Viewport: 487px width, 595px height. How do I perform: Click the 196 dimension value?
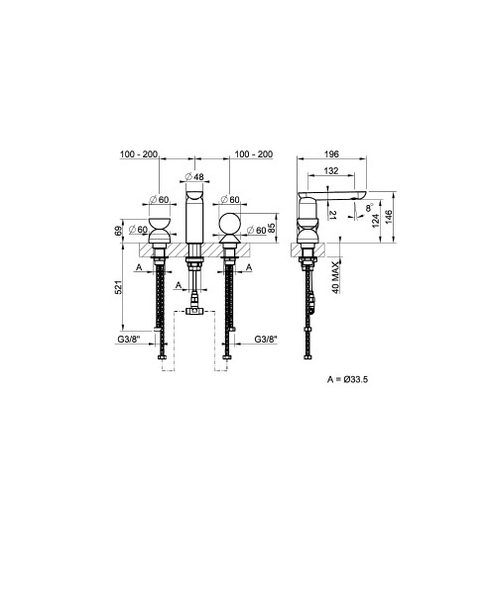pyautogui.click(x=331, y=154)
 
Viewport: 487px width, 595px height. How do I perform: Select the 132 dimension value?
pyautogui.click(x=331, y=171)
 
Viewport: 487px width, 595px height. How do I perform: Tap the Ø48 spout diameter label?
pyautogui.click(x=194, y=177)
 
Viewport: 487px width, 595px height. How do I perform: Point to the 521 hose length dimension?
pyautogui.click(x=118, y=287)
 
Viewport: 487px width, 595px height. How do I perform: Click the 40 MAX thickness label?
pyautogui.click(x=335, y=277)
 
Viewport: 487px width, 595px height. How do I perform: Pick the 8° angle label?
pyautogui.click(x=370, y=207)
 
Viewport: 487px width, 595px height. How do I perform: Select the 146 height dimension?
pyautogui.click(x=389, y=217)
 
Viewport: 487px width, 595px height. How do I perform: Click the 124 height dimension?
pyautogui.click(x=376, y=221)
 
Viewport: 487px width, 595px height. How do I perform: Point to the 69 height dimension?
pyautogui.click(x=118, y=231)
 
